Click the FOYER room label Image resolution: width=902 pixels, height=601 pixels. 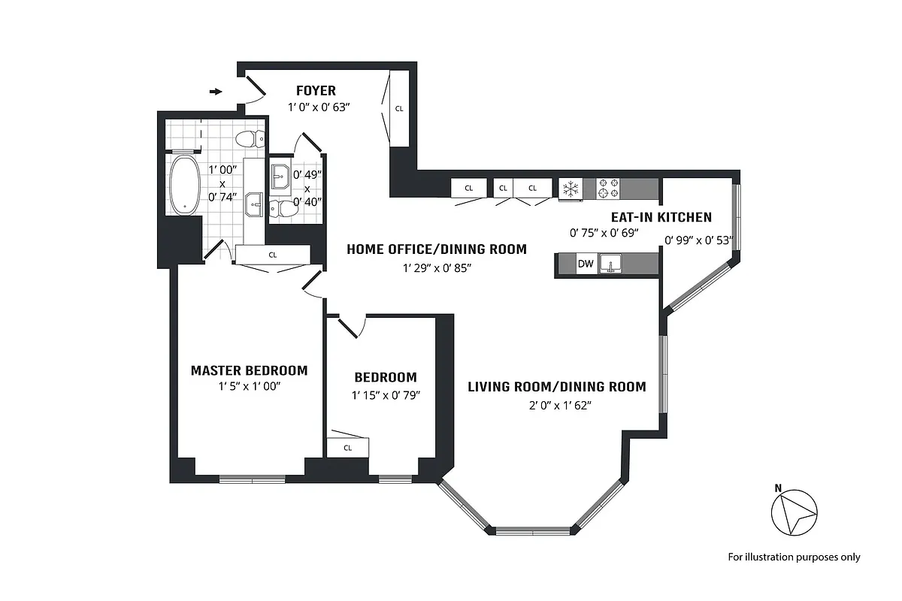coord(316,91)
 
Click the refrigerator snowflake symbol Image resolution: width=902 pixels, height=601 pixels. coord(571,189)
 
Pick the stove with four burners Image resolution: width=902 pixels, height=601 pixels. coord(607,189)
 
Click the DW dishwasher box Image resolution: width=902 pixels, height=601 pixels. coord(585,264)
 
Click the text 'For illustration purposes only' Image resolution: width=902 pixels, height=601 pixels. coord(794,557)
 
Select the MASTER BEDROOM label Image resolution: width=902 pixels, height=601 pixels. coord(249,370)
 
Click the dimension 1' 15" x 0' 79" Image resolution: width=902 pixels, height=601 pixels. coord(385,395)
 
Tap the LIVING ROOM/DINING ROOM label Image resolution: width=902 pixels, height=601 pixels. coord(556,387)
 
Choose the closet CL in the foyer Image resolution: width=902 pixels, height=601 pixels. coord(399,108)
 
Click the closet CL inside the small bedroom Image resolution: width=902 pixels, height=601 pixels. coord(347,447)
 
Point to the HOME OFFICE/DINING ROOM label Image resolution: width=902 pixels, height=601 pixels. coord(436,249)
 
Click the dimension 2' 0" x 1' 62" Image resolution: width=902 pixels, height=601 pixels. coord(556,406)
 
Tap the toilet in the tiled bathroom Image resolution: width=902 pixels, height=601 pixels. coord(249,138)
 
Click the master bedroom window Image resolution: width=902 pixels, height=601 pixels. coord(252,479)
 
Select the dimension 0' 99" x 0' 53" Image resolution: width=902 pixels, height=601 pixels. coord(698,241)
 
